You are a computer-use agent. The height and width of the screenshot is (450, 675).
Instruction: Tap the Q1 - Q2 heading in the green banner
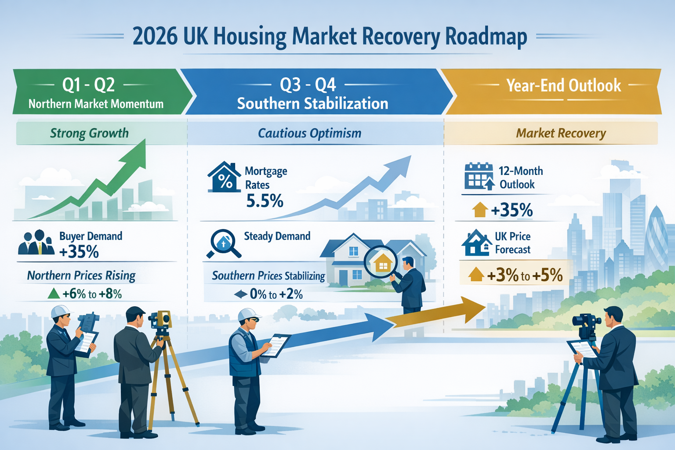click(x=88, y=84)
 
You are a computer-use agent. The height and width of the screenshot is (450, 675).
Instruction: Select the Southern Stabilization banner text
click(x=312, y=104)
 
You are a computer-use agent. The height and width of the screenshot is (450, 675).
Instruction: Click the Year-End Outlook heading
click(x=563, y=85)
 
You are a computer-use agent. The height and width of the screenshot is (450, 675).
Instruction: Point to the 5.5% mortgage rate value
click(x=265, y=201)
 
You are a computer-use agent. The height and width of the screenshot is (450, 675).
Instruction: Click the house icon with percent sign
click(x=224, y=178)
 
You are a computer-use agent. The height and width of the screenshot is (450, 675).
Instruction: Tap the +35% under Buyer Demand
click(x=79, y=252)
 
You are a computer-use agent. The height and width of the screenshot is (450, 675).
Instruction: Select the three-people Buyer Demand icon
click(x=36, y=243)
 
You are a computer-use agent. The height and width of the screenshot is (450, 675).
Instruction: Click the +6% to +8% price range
click(x=92, y=294)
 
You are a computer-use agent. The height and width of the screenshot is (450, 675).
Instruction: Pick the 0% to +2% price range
click(x=276, y=294)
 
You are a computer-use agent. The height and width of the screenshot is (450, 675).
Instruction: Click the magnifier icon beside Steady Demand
click(x=223, y=243)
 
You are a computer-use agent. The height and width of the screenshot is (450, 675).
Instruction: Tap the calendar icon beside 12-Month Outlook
click(x=479, y=176)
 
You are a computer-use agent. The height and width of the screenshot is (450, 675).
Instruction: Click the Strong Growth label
click(x=89, y=133)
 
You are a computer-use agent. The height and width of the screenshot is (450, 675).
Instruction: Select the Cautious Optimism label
click(x=309, y=133)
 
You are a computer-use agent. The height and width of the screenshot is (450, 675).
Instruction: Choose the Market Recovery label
click(x=561, y=133)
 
